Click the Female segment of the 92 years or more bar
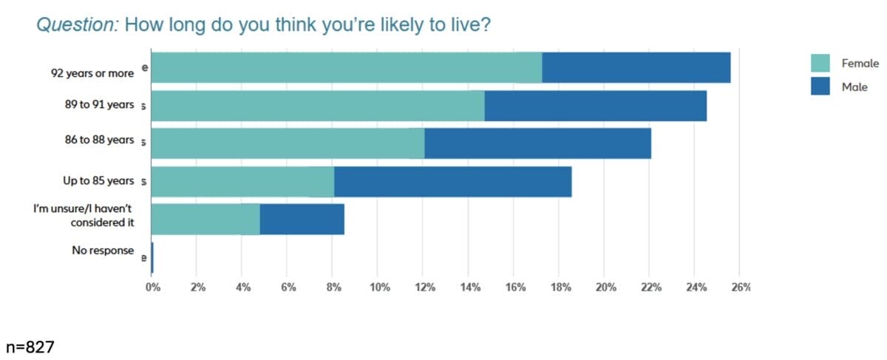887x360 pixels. coord(347,68)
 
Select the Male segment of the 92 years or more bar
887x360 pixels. coord(636,68)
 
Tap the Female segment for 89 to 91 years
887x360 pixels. coord(318,106)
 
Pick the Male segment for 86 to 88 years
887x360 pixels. coord(537,143)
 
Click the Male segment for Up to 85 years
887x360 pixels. coord(452,182)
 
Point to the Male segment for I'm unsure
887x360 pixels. coord(302,220)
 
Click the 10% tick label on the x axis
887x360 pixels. coord(378,288)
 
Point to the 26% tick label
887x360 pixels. coord(740,288)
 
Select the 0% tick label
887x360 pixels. coord(152,288)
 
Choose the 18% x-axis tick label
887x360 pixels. coord(560,288)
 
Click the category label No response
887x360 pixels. coord(103,251)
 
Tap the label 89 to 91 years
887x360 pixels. coord(99,105)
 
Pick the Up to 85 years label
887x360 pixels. coord(98,180)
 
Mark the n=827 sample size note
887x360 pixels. coord(30,346)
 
